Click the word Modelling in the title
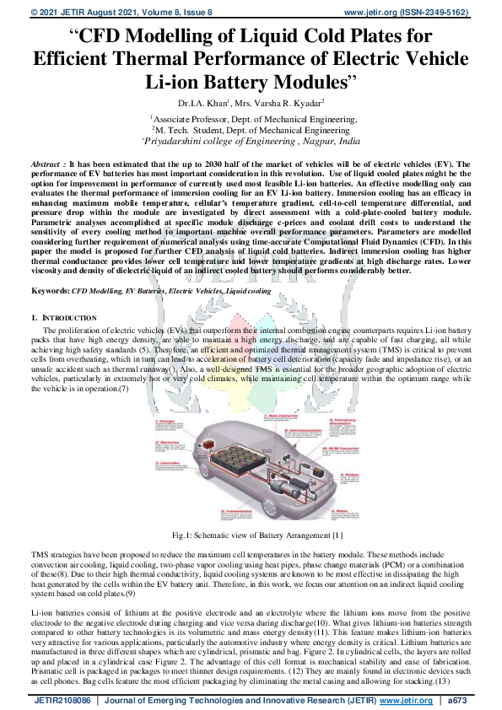pyautogui.click(x=157, y=36)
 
